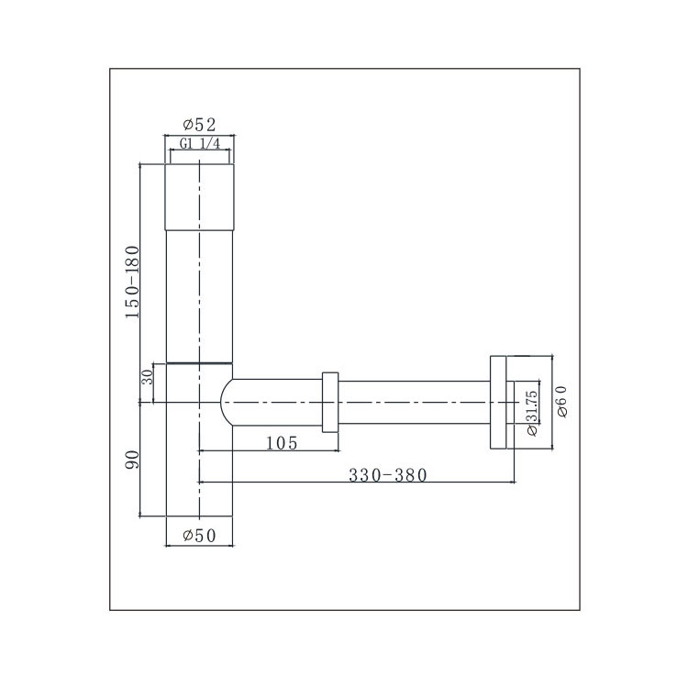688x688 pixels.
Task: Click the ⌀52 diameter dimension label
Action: pos(200,125)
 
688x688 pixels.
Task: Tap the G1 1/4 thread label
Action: pos(200,143)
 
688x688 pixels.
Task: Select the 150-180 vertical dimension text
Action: pos(132,282)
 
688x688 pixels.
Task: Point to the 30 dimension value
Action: pos(148,376)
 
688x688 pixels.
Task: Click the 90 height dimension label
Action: pos(131,460)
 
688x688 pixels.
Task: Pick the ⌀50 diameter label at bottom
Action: pos(200,536)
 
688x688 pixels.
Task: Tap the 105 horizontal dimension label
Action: pos(282,443)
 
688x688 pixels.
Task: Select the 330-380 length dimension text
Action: pos(387,475)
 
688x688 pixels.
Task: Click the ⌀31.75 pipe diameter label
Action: pos(532,413)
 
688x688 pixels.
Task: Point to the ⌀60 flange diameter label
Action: pos(561,401)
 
